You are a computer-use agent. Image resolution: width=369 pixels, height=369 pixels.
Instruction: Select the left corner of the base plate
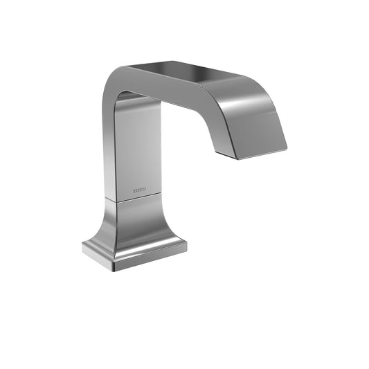(x=83, y=247)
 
